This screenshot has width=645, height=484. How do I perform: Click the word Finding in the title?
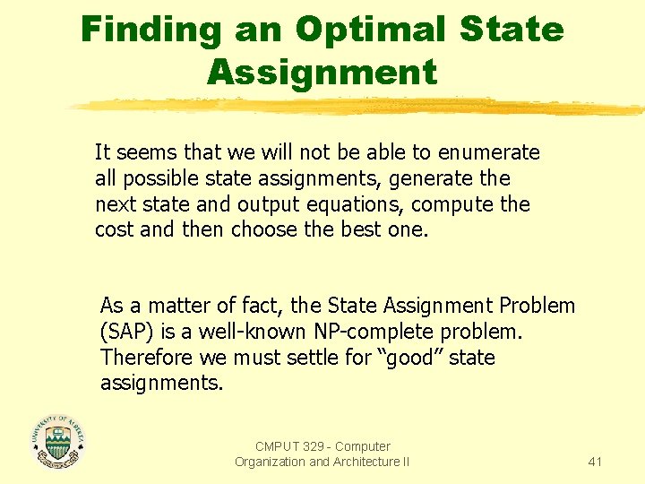coord(150,30)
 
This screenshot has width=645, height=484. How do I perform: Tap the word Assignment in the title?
coord(322,72)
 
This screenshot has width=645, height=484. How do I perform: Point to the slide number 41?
coord(595,462)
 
